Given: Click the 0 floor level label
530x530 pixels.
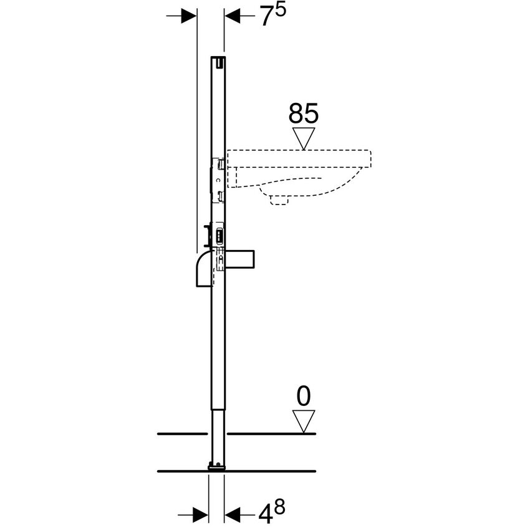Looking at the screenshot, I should click(x=304, y=396).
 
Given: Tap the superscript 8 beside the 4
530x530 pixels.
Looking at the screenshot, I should click(x=279, y=507).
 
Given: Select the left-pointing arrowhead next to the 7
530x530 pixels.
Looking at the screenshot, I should click(x=233, y=16).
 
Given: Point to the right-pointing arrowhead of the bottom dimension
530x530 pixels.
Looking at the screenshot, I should click(x=200, y=514).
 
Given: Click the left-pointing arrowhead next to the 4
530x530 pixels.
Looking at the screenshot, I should click(x=232, y=514).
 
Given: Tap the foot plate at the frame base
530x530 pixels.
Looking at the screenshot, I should click(x=216, y=465).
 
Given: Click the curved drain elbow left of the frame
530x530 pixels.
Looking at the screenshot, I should click(x=204, y=268).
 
